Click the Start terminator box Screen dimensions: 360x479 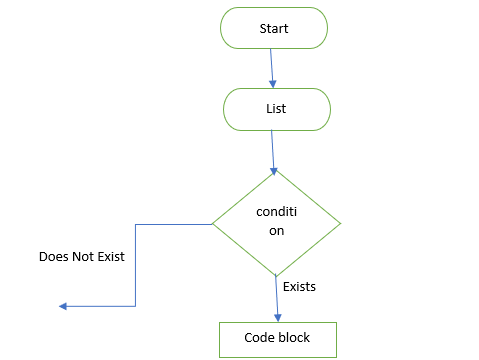tap(274, 28)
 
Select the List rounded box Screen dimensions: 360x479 tap(275, 109)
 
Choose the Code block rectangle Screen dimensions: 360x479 tap(277, 338)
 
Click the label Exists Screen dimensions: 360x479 tap(300, 287)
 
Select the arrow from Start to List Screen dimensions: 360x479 tap(272, 67)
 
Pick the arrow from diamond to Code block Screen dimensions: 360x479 tap(276, 298)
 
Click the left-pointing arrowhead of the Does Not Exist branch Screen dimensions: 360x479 tap(62, 306)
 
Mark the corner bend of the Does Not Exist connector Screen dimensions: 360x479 tap(135, 306)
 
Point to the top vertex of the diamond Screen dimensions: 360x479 tap(276, 169)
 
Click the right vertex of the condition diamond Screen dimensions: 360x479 tap(341, 222)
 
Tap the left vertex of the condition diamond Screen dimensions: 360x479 tap(211, 223)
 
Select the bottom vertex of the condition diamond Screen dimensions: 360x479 tap(276, 276)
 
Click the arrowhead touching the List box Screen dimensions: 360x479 tap(273, 84)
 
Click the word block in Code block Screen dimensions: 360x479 tap(293, 338)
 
